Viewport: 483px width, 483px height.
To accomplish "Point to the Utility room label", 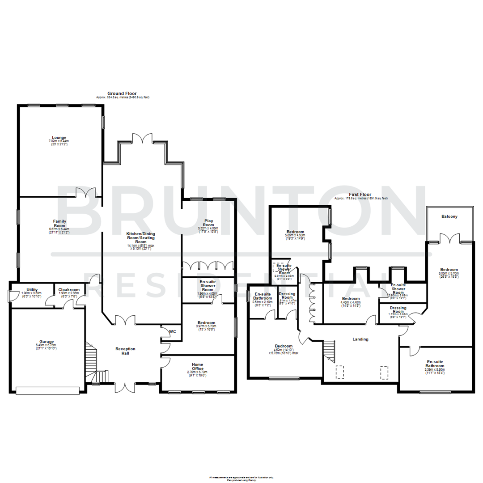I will pos(31,290).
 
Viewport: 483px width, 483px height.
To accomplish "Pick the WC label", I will pos(172,331).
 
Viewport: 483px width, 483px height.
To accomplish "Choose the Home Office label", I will pos(197,366).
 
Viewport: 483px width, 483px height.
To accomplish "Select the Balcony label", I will pos(449,216).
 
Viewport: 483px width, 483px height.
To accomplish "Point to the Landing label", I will pos(360,339).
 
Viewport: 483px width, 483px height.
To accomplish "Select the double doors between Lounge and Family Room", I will pos(86,192).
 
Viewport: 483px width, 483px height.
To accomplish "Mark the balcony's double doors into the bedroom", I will pos(449,238).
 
